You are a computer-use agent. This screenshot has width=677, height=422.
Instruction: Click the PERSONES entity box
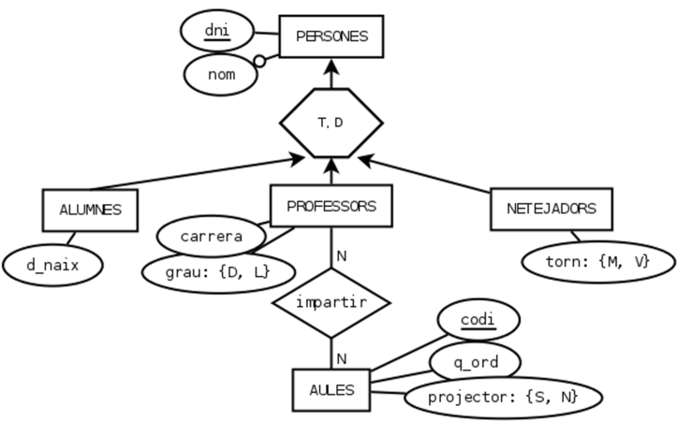click(x=331, y=37)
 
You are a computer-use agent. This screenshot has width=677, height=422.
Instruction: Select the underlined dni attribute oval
click(x=217, y=33)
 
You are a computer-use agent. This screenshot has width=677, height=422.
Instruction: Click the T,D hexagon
click(x=331, y=123)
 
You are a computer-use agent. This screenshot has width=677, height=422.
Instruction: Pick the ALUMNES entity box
click(x=91, y=211)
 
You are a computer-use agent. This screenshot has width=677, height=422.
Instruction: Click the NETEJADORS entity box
click(x=552, y=210)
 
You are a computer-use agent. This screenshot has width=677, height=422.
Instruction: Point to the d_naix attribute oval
click(x=52, y=266)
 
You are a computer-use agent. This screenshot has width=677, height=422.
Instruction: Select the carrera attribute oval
click(x=211, y=235)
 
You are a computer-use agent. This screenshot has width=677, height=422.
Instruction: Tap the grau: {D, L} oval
click(x=218, y=272)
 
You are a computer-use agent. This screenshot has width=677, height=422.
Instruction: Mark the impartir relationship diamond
click(x=331, y=302)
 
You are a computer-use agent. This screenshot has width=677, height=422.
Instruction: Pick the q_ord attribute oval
click(x=475, y=360)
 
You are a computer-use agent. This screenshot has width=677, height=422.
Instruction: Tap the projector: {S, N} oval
click(x=503, y=397)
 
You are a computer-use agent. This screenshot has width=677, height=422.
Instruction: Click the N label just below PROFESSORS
click(x=343, y=255)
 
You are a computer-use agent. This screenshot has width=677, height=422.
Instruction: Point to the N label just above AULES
click(x=343, y=357)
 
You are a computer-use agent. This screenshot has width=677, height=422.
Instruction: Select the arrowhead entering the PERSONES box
click(x=331, y=68)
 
